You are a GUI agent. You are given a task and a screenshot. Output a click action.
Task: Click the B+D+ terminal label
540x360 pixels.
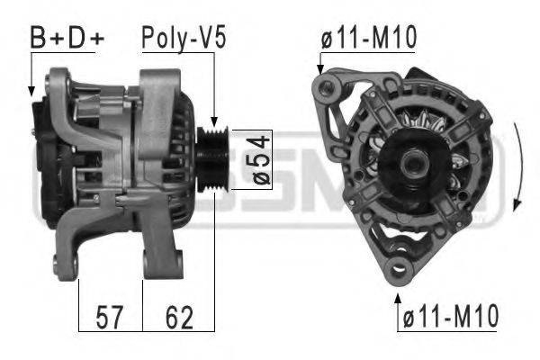tap(67, 37)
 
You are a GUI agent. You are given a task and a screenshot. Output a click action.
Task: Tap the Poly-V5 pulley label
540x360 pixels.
tap(184, 38)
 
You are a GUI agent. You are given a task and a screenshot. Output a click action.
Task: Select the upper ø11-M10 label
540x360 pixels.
tap(369, 37)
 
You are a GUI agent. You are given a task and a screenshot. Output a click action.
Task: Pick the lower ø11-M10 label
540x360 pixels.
tap(451, 316)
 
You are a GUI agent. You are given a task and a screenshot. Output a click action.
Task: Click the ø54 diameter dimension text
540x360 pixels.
tap(261, 160)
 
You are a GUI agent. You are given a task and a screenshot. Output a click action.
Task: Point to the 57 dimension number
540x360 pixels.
tap(109, 318)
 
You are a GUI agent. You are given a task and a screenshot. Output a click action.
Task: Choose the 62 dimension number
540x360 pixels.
tap(179, 318)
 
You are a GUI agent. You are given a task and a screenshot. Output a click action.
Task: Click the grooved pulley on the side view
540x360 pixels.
tap(212, 160)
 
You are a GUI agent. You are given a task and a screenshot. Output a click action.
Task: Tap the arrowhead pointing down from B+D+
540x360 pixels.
tap(31, 91)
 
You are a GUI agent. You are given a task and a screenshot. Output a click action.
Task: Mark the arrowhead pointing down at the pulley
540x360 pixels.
tap(214, 122)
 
